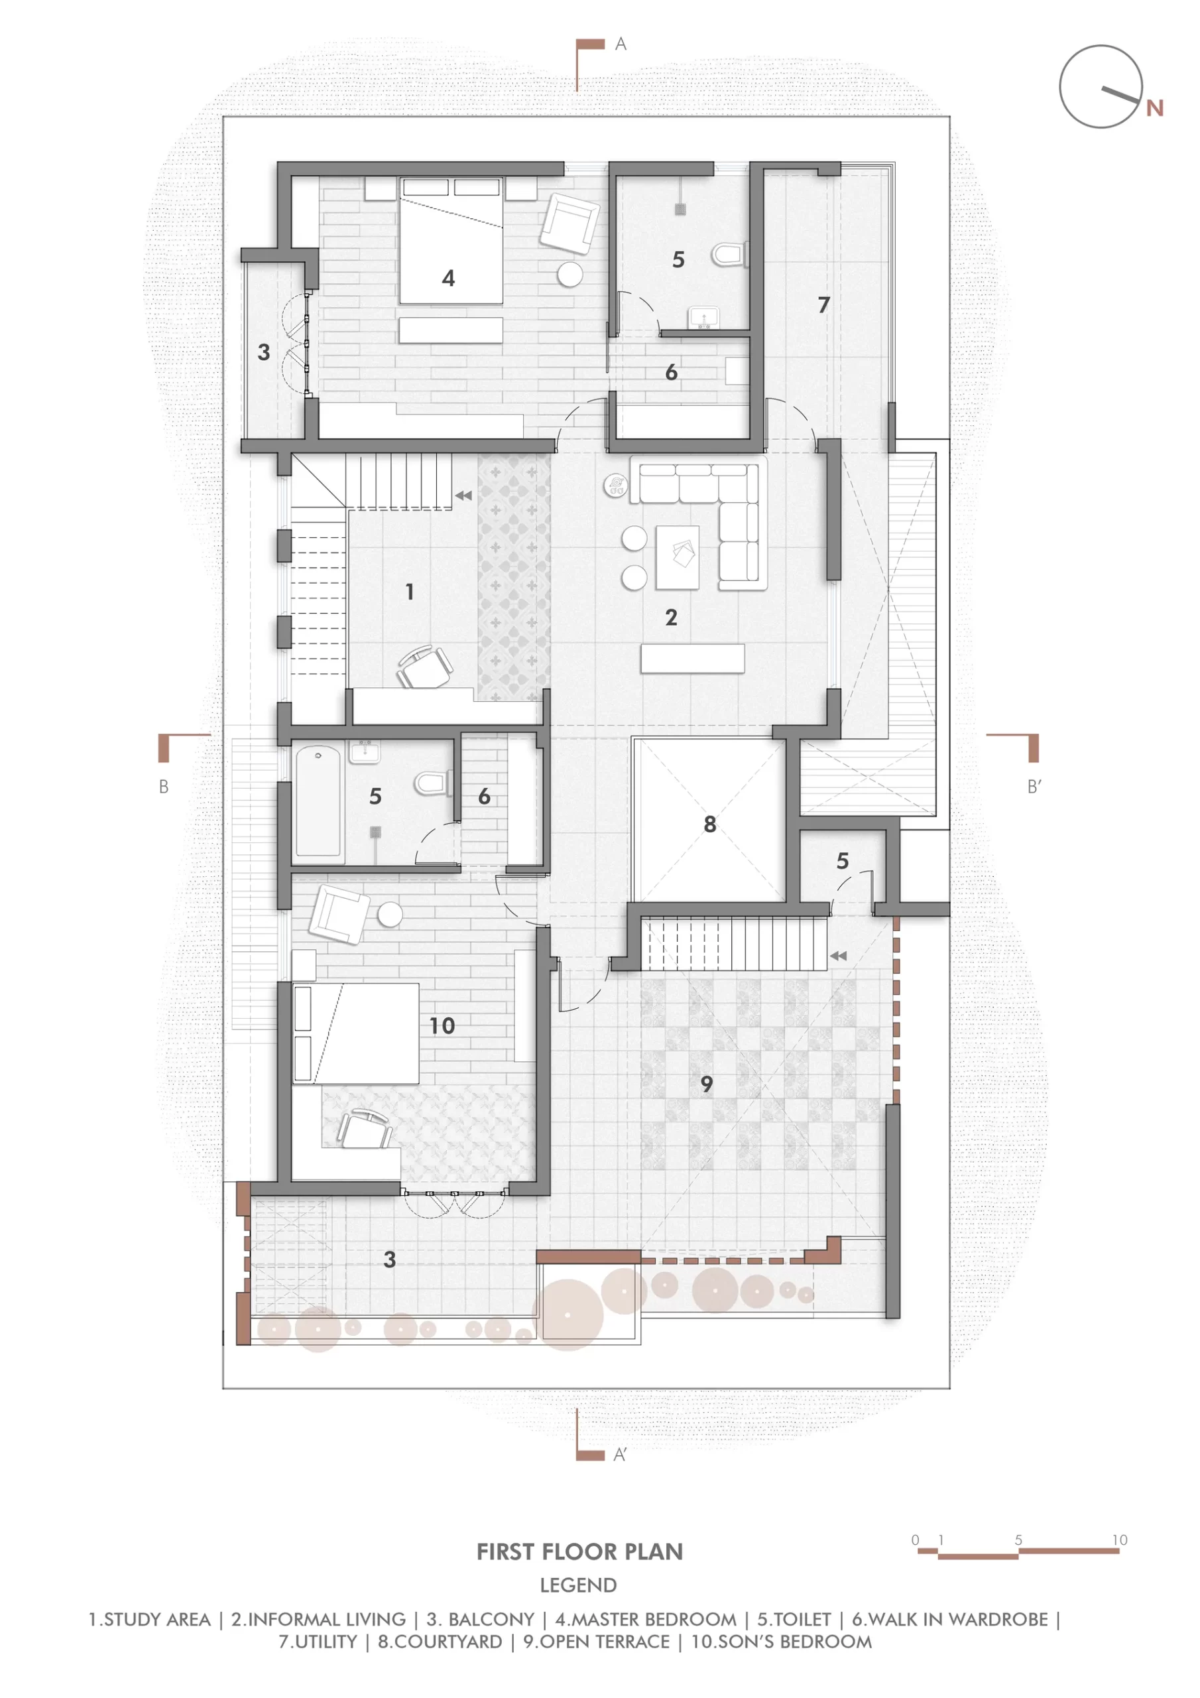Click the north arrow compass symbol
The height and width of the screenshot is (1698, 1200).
pos(1101,86)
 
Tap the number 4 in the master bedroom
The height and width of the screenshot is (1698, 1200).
pos(448,278)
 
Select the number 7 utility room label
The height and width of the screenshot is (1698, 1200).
pos(823,304)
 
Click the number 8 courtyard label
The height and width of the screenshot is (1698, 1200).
pos(710,824)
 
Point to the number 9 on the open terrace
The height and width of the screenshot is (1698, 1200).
pos(707,1084)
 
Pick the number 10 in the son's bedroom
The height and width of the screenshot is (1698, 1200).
pos(442,1025)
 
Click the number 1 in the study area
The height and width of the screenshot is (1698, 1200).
pos(410,592)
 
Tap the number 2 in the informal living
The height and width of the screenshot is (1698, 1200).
pos(671,618)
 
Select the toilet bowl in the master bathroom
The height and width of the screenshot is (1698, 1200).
pos(729,255)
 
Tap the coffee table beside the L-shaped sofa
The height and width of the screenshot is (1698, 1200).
pos(678,557)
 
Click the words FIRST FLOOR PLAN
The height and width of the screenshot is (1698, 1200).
pos(579,1551)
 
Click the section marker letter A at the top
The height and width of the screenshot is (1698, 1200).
pos(621,44)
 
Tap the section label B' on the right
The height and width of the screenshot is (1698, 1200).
pos(1034,787)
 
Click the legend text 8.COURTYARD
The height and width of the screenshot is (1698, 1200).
pos(440,1642)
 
